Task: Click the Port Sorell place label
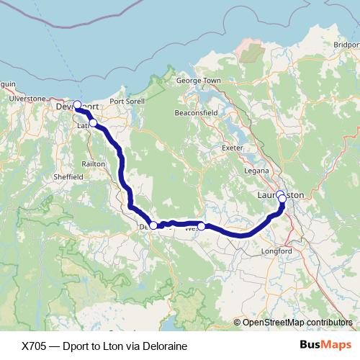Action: (x=127, y=102)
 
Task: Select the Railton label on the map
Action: (x=94, y=164)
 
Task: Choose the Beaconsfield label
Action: (x=196, y=114)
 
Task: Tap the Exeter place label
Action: (x=233, y=147)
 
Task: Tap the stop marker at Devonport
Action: (x=77, y=104)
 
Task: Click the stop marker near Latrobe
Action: (x=93, y=122)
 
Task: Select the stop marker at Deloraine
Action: (x=153, y=225)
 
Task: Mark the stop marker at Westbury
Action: (x=202, y=226)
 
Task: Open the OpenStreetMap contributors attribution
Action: (x=297, y=323)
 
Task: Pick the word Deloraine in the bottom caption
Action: (x=162, y=346)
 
